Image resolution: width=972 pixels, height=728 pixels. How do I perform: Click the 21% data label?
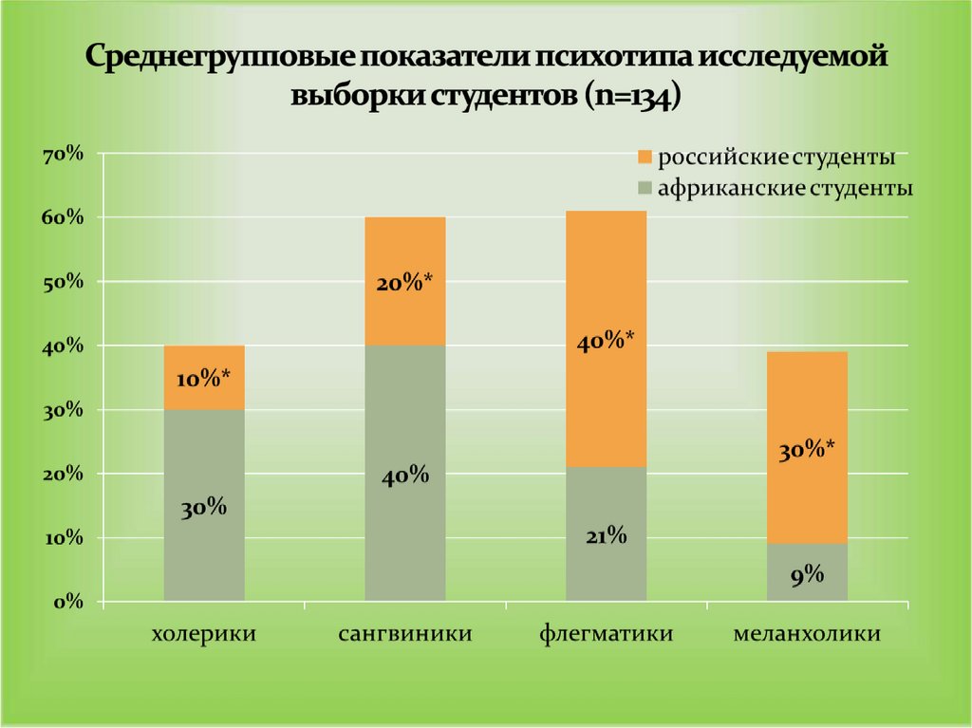tap(606, 536)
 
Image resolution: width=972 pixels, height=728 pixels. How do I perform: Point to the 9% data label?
tap(807, 574)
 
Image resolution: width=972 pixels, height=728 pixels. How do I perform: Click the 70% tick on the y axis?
tap(63, 154)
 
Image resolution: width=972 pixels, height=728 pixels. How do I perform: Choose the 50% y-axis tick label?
tap(63, 282)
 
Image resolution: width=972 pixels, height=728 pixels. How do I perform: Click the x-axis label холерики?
tap(204, 633)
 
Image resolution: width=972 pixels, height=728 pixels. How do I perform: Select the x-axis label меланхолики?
tap(807, 633)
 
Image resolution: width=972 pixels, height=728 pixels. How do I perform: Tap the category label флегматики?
tap(606, 633)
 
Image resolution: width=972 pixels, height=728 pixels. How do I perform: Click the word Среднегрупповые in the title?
tap(215, 59)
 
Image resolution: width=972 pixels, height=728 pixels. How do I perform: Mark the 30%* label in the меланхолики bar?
tap(807, 451)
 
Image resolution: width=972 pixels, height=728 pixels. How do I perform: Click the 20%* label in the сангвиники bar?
tap(405, 282)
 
